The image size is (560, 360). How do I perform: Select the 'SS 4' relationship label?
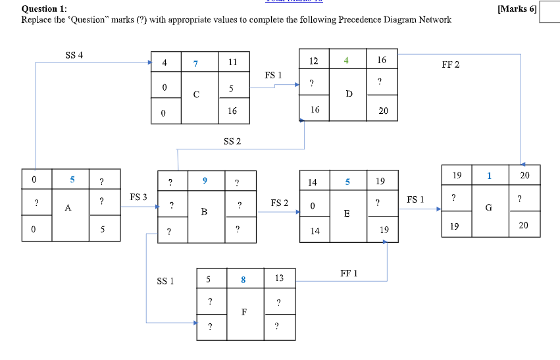tap(74, 55)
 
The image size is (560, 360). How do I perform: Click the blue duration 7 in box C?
tap(195, 64)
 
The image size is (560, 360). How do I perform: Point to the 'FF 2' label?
tap(451, 64)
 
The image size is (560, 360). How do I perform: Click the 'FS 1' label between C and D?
tap(273, 76)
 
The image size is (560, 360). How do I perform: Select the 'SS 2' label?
tap(232, 141)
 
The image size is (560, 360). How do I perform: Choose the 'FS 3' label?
tap(138, 197)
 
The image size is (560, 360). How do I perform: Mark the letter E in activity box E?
tap(346, 214)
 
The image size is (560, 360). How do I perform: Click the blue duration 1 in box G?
tap(489, 176)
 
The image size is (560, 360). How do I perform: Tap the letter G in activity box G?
tap(488, 207)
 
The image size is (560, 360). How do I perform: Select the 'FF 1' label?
tap(349, 272)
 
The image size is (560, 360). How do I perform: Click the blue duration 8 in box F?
tap(243, 279)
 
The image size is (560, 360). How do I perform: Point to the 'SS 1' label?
tap(165, 281)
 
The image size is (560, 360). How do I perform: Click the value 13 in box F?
tap(279, 278)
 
